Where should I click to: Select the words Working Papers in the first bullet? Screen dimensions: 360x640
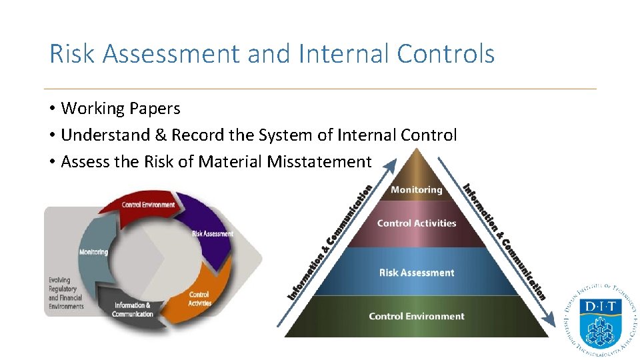tap(121, 108)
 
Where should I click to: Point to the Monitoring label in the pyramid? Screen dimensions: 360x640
tap(417, 190)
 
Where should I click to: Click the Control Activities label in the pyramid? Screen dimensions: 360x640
tap(417, 223)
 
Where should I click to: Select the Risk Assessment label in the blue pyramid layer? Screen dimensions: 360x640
tap(417, 273)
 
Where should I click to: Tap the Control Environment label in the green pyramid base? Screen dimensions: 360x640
tap(417, 316)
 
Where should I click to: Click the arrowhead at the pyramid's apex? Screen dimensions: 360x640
tap(392, 163)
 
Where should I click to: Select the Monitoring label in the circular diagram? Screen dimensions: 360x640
tap(93, 252)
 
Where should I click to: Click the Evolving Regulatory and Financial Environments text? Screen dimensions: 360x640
tap(66, 293)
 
